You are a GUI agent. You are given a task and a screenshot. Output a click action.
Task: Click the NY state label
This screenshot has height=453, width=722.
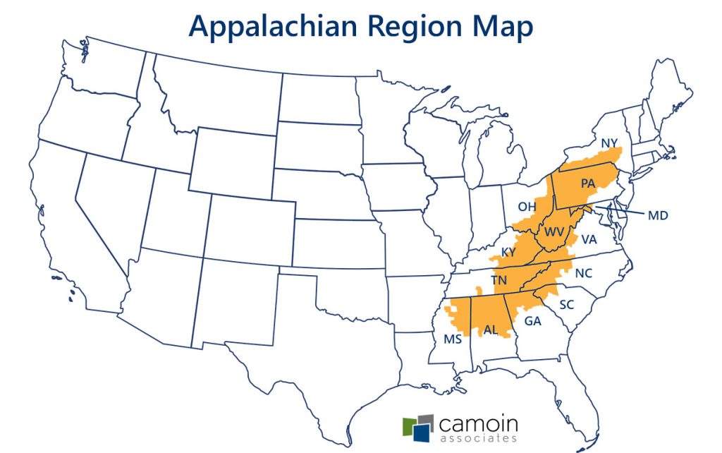[x=609, y=144]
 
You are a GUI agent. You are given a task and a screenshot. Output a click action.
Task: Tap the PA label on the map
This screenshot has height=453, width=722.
[x=588, y=183]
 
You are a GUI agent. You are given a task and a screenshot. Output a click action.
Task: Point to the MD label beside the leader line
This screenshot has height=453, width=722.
[x=657, y=215]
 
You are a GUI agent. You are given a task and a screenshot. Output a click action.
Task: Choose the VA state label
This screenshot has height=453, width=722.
[x=589, y=239]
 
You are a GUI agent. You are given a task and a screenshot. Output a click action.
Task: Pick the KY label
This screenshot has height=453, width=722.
[x=508, y=252]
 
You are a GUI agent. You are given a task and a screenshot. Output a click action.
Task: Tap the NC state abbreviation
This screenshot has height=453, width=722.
[x=583, y=273]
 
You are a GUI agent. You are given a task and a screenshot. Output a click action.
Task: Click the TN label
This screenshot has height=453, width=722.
[x=499, y=279]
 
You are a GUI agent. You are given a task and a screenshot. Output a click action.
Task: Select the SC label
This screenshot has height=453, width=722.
[x=567, y=305]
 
